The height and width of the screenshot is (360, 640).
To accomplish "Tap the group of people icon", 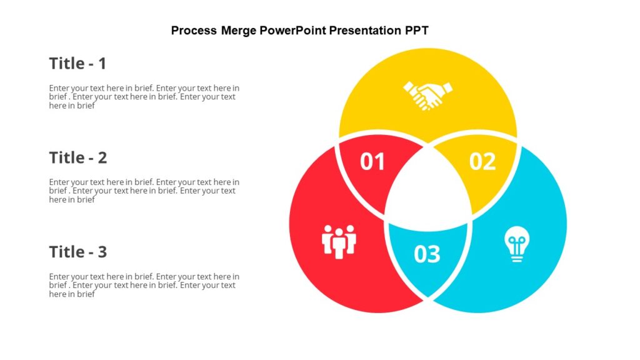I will click(x=339, y=241).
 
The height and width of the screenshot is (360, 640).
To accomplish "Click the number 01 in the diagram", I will click(x=372, y=162).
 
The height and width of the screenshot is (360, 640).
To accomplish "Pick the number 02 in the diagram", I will click(x=482, y=162).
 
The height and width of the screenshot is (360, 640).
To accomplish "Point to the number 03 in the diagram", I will click(x=427, y=254).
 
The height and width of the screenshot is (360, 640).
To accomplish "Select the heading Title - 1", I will click(x=78, y=64).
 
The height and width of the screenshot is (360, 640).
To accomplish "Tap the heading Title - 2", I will click(x=78, y=158).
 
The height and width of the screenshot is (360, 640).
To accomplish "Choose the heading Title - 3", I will click(x=78, y=252).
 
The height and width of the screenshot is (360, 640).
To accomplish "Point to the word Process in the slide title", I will click(x=194, y=31).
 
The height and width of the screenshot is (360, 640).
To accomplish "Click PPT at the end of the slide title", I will click(x=416, y=31).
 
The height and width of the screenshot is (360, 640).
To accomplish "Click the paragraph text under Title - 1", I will click(x=144, y=97).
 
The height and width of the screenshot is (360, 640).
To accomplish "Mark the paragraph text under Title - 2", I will click(x=144, y=191).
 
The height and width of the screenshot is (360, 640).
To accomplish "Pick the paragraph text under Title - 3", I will click(x=144, y=286).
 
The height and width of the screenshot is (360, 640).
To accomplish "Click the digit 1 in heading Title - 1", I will click(x=102, y=64).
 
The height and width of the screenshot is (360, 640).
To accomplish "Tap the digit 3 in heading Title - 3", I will click(x=102, y=252).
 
